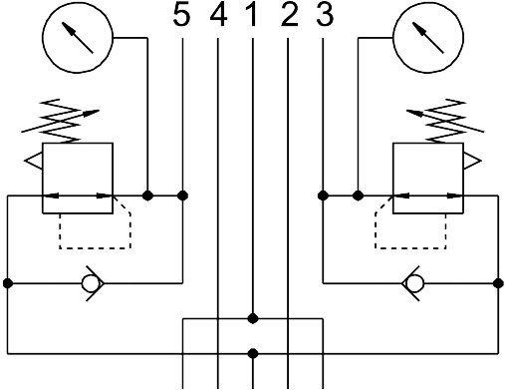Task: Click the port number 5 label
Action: [182, 16]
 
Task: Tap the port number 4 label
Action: [218, 16]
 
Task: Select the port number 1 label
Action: [252, 16]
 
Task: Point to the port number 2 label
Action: [289, 16]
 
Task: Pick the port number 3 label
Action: [325, 16]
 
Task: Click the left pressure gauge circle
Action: [78, 38]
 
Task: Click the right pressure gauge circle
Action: [428, 38]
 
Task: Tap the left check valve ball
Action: [91, 283]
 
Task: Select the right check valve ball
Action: [415, 283]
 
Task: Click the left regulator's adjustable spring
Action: [61, 121]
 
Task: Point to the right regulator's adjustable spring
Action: [445, 121]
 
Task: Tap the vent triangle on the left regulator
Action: [34, 161]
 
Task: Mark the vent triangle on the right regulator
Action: [472, 161]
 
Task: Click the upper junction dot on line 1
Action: [253, 318]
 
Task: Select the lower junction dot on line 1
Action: [253, 353]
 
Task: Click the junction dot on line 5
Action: [182, 195]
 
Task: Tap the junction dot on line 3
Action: [323, 195]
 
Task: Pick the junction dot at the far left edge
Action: [8, 283]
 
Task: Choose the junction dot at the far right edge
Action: [498, 283]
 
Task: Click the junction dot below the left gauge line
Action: [147, 195]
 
